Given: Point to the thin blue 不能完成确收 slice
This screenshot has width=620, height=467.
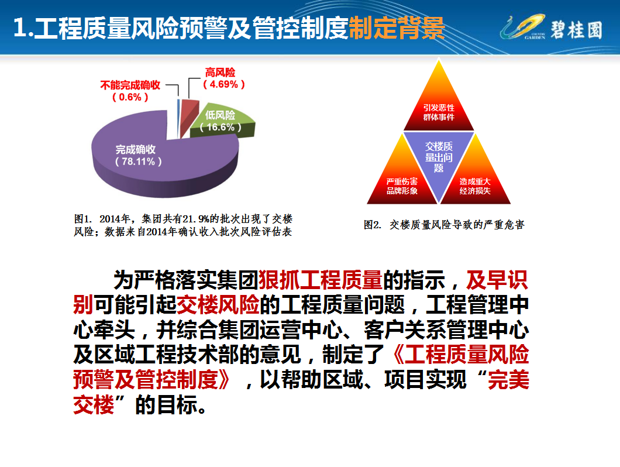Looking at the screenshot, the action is coord(178,119).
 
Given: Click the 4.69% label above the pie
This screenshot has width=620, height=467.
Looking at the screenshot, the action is coord(224,84).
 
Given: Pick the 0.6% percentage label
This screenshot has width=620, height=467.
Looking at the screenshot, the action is coord(130,97).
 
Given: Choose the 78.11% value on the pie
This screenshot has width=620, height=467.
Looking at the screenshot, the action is coord(139,162).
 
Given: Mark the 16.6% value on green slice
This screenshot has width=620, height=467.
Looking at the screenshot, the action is coord(221,127).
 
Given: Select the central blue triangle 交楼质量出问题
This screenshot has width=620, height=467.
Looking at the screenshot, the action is coord(439,156).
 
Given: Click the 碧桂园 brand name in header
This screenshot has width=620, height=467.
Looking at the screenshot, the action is coord(576,30).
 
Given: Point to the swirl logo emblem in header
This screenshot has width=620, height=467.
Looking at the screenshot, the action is coord(523,27).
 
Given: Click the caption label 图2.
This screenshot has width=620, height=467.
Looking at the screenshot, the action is coord(373,225).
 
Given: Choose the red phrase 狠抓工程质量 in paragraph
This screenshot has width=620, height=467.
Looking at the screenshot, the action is coord(321,280).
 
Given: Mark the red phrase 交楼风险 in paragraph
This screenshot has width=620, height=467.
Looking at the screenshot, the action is coord(218,305).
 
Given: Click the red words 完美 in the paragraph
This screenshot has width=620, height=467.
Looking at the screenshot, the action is coord(508,380).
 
